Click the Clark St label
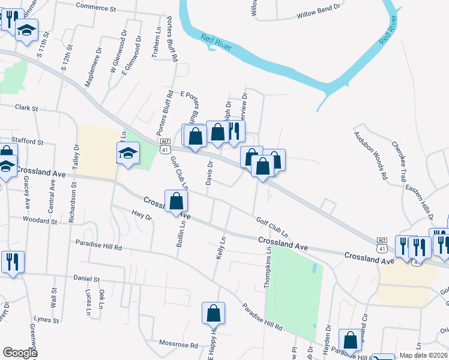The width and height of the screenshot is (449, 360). [26, 109]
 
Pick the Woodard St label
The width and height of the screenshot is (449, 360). [40, 221]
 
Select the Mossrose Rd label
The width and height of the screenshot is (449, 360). [178, 345]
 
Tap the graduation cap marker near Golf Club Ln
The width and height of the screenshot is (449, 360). [128, 153]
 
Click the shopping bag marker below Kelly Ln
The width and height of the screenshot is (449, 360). [213, 313]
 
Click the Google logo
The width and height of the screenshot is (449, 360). [20, 353]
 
